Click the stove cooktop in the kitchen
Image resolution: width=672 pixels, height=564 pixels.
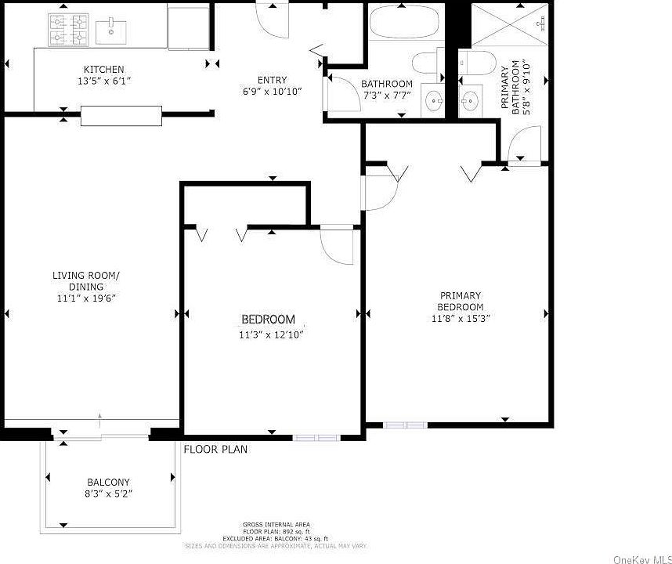(68, 30)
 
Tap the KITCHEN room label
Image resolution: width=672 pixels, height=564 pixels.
(104, 70)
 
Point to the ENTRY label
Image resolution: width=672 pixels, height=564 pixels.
(272, 80)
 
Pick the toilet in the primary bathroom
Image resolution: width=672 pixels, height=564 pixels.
(471, 62)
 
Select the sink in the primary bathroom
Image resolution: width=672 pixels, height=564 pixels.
(470, 99)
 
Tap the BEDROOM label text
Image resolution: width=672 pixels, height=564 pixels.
(268, 320)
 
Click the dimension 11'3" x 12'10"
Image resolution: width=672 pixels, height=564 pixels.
(270, 335)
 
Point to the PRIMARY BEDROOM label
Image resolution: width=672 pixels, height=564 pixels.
(461, 302)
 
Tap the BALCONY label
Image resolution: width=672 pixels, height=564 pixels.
(109, 482)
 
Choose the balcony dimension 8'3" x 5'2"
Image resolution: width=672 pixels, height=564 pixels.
(109, 495)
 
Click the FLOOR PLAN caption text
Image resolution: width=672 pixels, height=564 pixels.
(215, 450)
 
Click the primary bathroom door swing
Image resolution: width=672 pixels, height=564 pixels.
(518, 148)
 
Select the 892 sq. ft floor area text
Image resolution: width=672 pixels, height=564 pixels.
(276, 531)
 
